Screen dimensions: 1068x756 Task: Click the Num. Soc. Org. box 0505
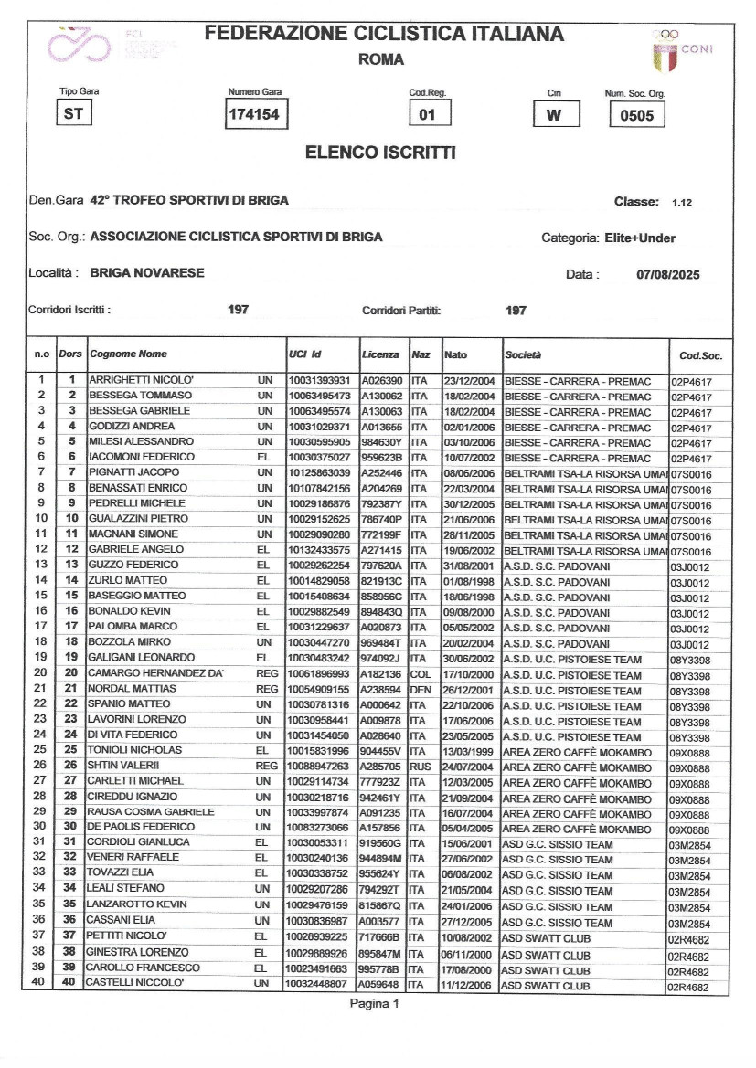(636, 116)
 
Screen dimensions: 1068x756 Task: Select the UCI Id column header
(304, 354)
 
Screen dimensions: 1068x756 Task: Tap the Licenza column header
(380, 354)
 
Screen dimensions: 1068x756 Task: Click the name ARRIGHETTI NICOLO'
(140, 380)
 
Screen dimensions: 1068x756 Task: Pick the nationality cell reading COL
(421, 674)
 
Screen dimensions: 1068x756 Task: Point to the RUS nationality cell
(421, 766)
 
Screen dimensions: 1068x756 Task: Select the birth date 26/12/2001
(469, 690)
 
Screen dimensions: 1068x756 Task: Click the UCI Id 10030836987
(318, 922)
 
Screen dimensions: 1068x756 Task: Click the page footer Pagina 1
(375, 1004)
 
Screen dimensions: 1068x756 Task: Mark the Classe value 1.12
(682, 202)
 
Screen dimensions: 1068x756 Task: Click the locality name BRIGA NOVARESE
(147, 273)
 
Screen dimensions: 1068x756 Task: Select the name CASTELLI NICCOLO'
(136, 983)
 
